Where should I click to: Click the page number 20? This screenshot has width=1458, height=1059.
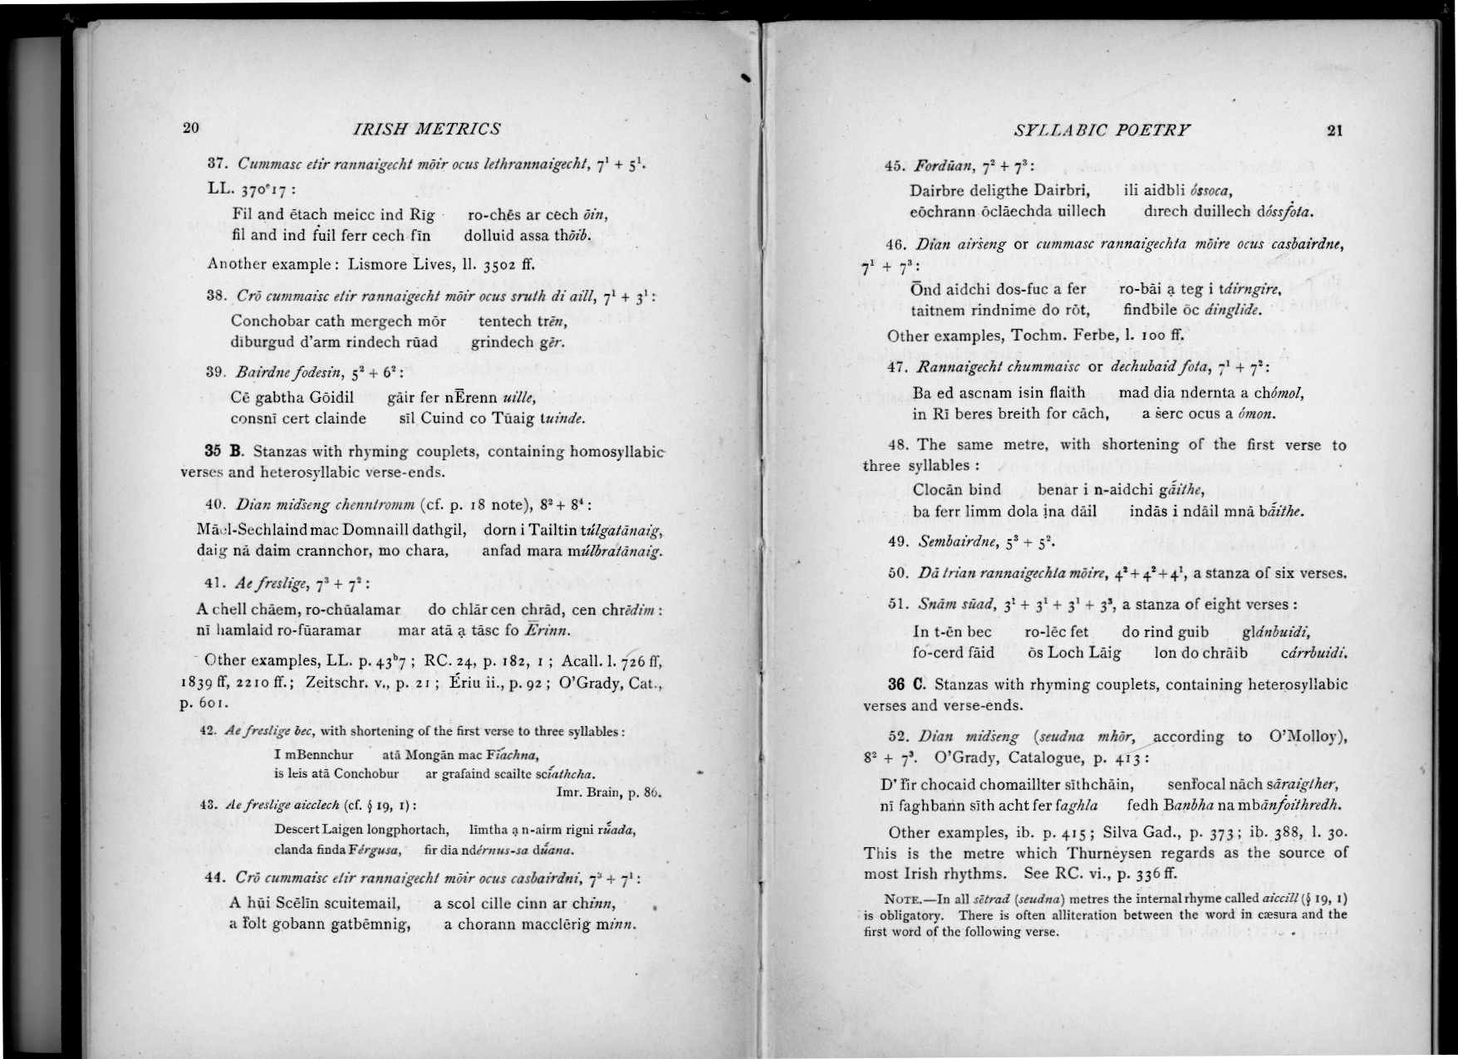(191, 127)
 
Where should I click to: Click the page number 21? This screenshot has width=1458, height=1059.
(1334, 130)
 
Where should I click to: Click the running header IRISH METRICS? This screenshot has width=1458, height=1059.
(427, 129)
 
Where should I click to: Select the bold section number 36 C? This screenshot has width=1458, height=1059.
(906, 684)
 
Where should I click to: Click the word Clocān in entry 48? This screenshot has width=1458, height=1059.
(938, 489)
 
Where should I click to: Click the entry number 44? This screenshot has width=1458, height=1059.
(214, 877)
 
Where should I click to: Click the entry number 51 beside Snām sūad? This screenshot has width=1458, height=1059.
(898, 604)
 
